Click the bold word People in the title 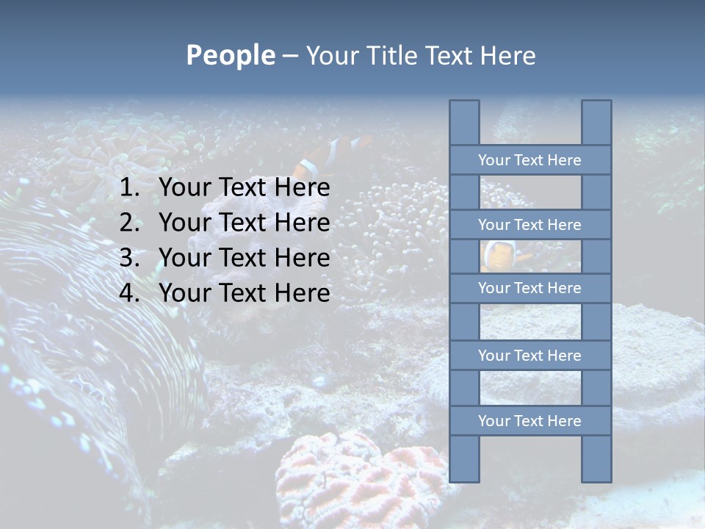pyautogui.click(x=230, y=55)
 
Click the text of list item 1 pyautogui.click(x=244, y=188)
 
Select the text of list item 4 pyautogui.click(x=244, y=293)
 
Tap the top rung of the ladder pyautogui.click(x=529, y=160)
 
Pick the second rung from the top pyautogui.click(x=529, y=225)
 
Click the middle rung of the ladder pyautogui.click(x=529, y=288)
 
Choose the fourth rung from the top pyautogui.click(x=529, y=356)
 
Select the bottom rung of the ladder pyautogui.click(x=529, y=421)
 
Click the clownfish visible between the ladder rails pyautogui.click(x=499, y=256)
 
